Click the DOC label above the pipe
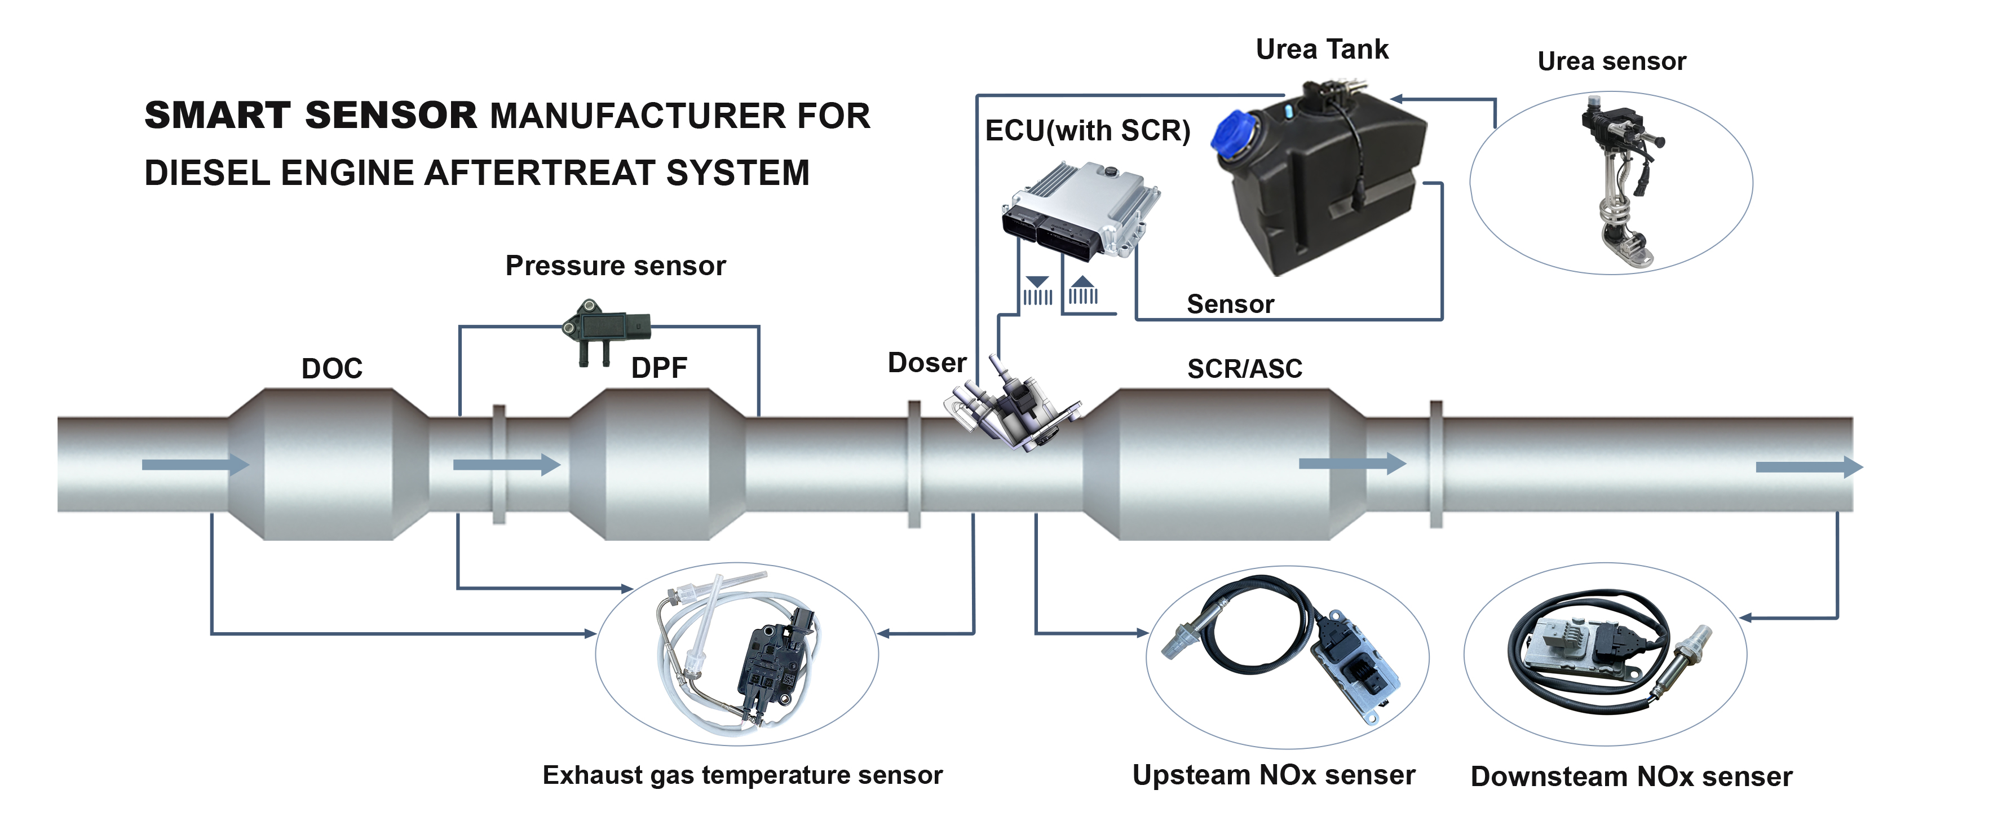(332, 368)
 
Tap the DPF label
(659, 368)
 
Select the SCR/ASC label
(1244, 368)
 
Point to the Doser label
(927, 363)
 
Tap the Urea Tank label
(1321, 49)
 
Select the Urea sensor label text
(1611, 61)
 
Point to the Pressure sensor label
(615, 266)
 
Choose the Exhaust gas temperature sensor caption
(742, 775)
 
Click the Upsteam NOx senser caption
(1273, 775)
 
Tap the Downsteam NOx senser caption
(1631, 777)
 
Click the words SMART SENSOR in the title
(311, 116)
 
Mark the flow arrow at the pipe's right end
(1808, 467)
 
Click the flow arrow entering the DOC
(195, 465)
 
